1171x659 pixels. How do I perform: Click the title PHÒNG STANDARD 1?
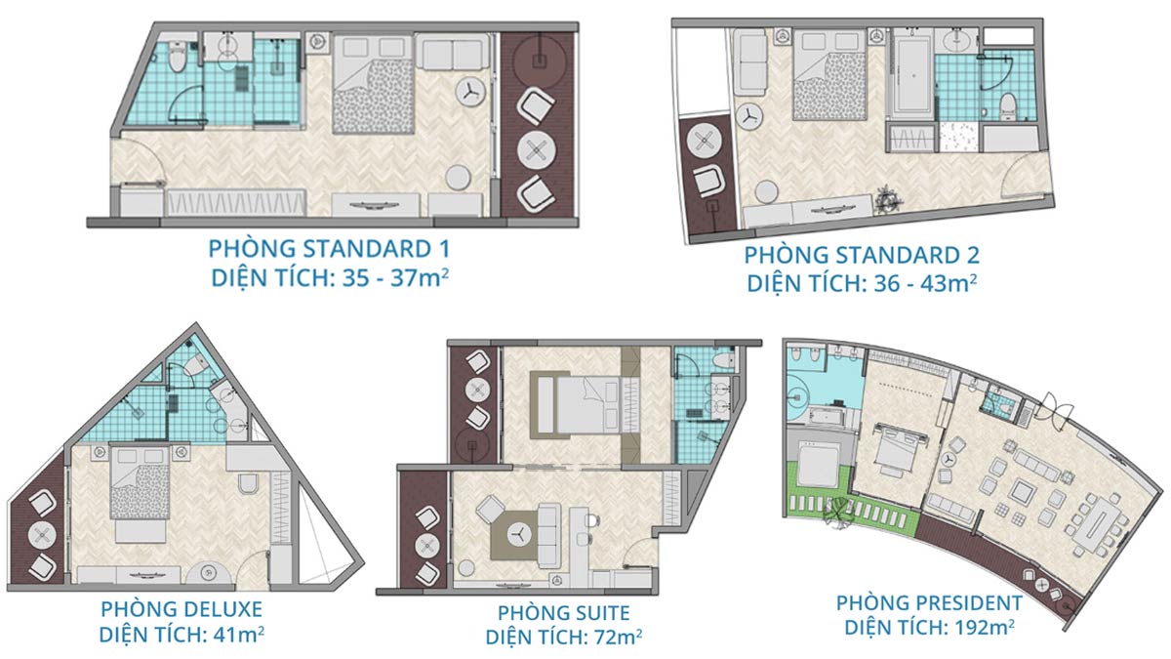[329, 249]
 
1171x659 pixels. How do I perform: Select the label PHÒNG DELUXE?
[182, 609]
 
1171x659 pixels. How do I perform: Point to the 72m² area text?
[618, 637]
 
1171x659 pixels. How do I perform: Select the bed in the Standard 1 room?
[373, 84]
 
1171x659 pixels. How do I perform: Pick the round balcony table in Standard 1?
[536, 150]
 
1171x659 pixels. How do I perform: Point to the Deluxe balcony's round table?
[42, 535]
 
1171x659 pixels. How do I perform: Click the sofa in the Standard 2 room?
[750, 62]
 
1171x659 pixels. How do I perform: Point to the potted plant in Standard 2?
[888, 199]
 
